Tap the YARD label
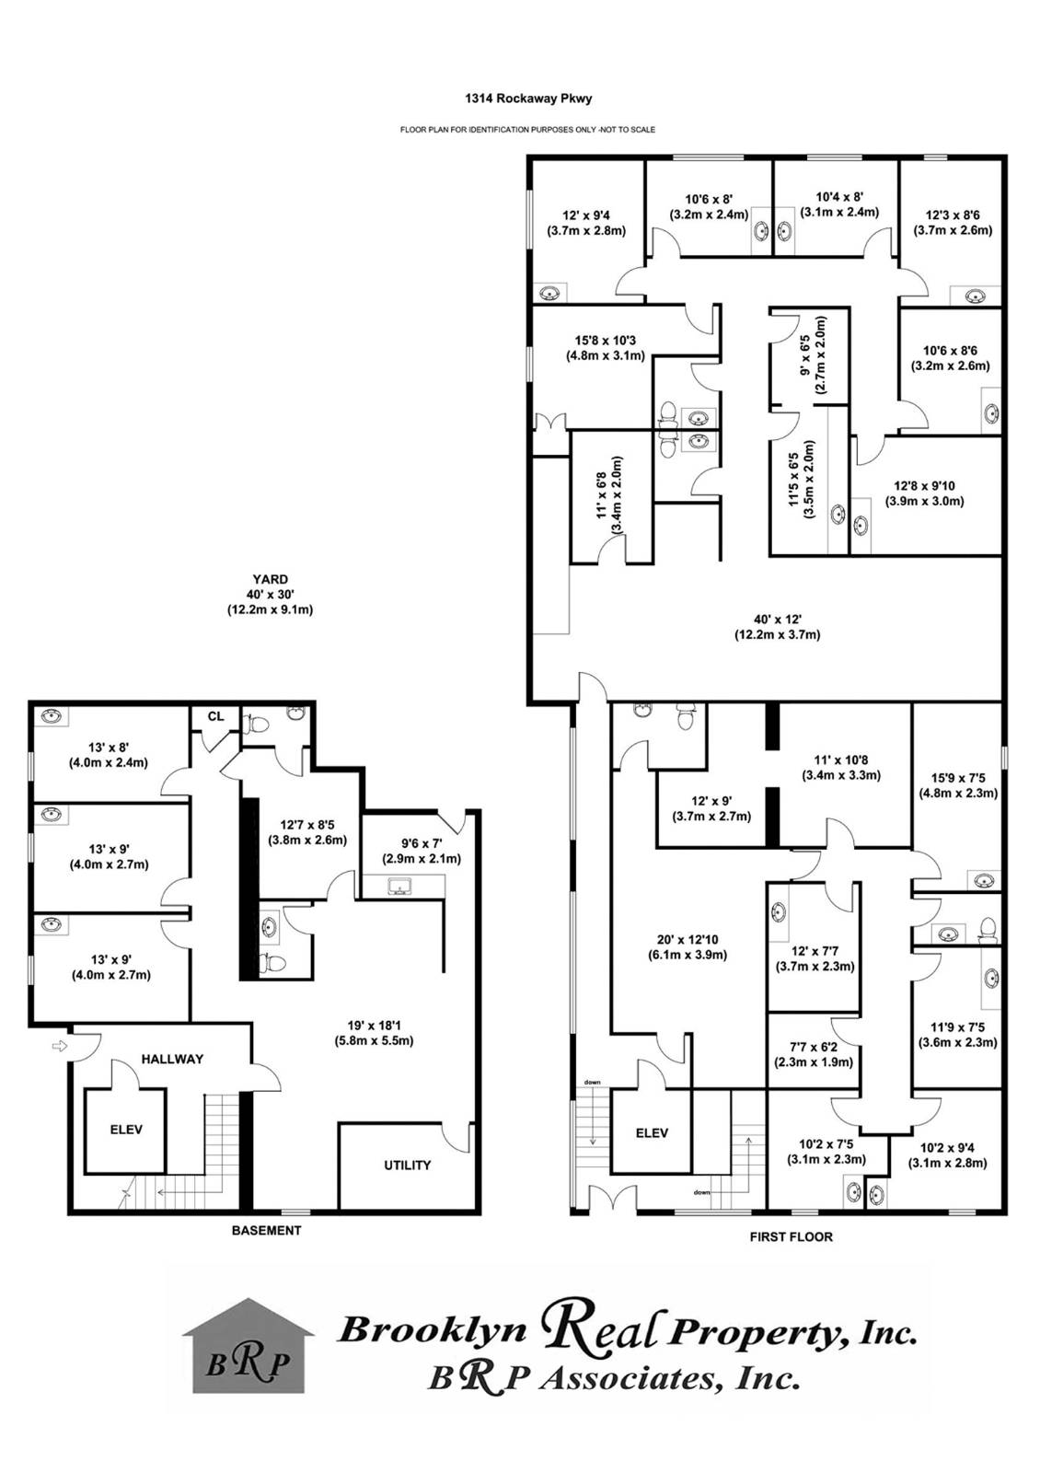[270, 580]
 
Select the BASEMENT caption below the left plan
[266, 1230]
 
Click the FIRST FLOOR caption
[792, 1236]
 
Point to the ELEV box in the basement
[126, 1130]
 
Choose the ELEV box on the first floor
[652, 1133]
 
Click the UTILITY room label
[407, 1165]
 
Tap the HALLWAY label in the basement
[172, 1059]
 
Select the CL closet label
[215, 716]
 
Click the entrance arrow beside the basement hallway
[60, 1046]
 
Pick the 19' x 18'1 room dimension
[374, 1033]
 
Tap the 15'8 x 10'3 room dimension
[606, 347]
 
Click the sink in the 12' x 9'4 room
[549, 293]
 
